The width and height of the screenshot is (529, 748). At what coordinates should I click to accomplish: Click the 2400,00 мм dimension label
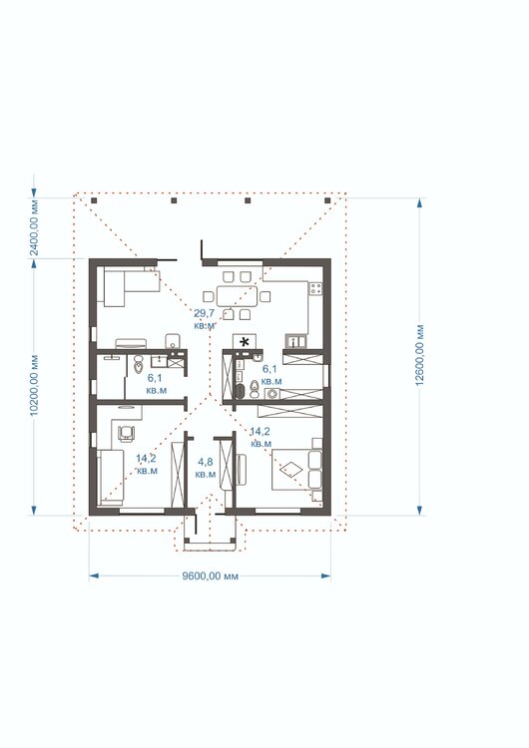point(34,226)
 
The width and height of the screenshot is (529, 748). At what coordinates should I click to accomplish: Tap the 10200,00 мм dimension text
point(33,385)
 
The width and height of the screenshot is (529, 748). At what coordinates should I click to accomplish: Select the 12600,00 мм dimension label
point(419,355)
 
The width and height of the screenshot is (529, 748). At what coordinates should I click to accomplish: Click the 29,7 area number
point(204,313)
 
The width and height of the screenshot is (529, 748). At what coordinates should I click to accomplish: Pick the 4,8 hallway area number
point(206,462)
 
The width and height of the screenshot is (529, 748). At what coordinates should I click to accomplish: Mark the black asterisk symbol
point(246,341)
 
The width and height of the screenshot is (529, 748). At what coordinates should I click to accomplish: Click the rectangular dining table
point(237,296)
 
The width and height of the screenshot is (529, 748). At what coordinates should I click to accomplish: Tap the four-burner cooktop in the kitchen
point(315,288)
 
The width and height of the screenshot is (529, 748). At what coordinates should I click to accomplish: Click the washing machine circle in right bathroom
point(272,394)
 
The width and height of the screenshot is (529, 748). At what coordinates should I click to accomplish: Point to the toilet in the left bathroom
point(139,364)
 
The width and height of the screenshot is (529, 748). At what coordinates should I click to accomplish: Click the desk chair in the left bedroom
point(126,432)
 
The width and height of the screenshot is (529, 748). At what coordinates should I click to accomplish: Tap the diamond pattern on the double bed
point(291,470)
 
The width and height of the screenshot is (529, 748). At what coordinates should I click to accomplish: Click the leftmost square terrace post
point(94,200)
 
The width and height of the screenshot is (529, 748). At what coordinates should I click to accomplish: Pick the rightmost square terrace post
point(327,200)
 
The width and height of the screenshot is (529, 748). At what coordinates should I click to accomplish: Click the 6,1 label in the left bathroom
point(155,378)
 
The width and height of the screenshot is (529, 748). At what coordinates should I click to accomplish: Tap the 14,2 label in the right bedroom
point(260,432)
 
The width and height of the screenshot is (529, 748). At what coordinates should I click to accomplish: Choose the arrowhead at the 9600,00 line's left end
point(94,576)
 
